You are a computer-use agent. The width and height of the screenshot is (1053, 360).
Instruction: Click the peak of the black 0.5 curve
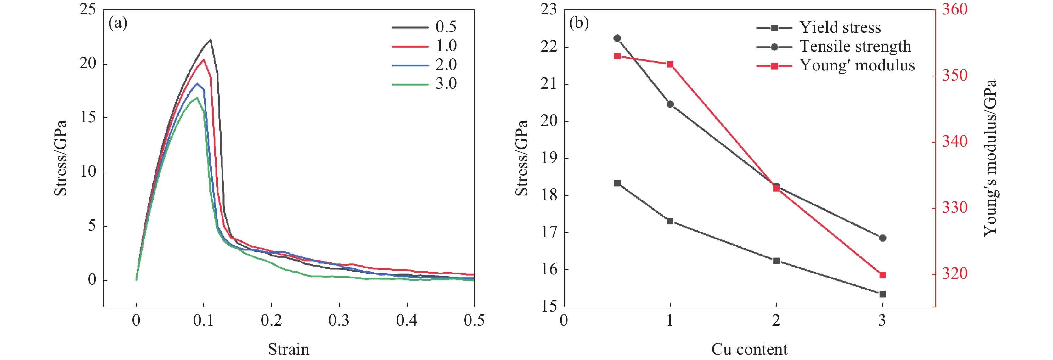(x=211, y=40)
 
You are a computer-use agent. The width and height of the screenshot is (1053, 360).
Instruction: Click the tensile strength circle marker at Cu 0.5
(x=617, y=38)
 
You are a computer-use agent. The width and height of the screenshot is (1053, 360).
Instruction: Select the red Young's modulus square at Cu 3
(x=882, y=275)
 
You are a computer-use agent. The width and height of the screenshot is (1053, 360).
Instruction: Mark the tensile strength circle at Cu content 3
(x=882, y=238)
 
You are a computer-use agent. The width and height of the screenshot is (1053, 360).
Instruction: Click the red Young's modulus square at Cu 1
(x=670, y=64)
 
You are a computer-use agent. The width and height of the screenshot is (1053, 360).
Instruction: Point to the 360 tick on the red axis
(x=954, y=10)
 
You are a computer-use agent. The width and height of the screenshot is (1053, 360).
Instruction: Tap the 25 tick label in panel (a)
(x=87, y=10)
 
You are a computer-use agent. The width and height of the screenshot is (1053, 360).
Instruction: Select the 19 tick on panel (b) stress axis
(x=549, y=158)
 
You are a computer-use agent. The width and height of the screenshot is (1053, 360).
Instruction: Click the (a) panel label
(x=118, y=23)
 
